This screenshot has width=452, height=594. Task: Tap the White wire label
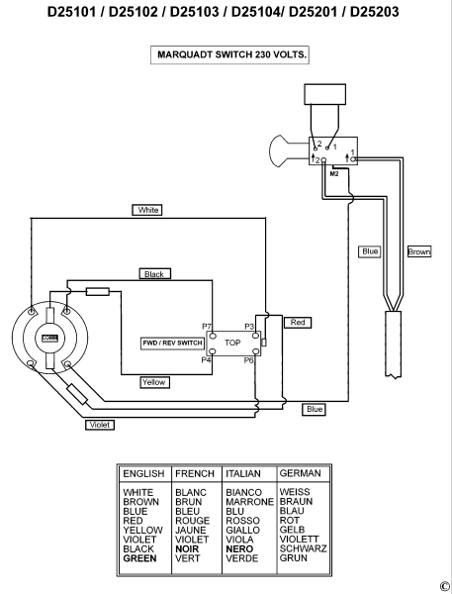[x=147, y=210]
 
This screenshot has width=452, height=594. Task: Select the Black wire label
[x=155, y=274]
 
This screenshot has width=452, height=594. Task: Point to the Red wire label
[x=298, y=323]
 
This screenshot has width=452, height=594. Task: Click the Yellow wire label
[x=154, y=382]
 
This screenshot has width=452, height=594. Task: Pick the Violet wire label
[x=100, y=425]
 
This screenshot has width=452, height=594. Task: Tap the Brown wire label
[x=419, y=251]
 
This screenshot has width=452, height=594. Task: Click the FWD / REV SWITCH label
[x=173, y=344]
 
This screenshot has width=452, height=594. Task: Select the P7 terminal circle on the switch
[x=213, y=336]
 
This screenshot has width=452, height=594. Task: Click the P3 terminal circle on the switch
[x=256, y=336]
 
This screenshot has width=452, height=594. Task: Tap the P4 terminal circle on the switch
[x=213, y=351]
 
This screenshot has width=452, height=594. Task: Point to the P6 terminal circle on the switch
[x=256, y=351]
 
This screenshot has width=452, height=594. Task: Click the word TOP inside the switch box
[x=232, y=343]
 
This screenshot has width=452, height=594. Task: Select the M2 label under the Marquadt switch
[x=334, y=174]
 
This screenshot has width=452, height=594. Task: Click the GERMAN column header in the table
[x=301, y=473]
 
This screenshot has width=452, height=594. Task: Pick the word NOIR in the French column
[x=187, y=548]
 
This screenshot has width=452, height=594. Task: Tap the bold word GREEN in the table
[x=139, y=558]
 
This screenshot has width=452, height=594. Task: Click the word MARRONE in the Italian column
[x=250, y=502]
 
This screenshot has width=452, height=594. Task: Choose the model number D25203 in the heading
[x=374, y=12]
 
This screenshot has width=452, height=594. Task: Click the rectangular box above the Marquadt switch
[x=325, y=94]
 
